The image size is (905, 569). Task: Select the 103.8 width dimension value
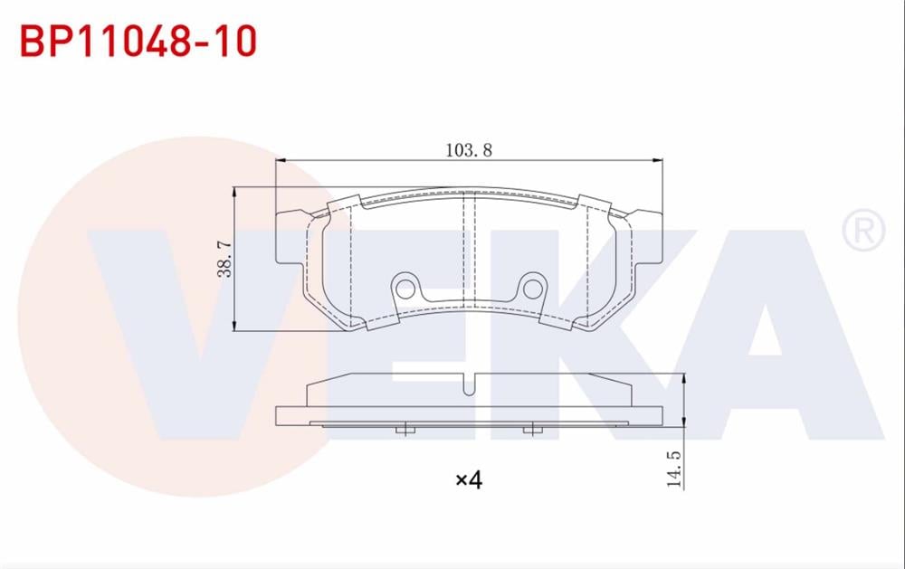coord(468,150)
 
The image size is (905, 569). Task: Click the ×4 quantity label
coord(468,479)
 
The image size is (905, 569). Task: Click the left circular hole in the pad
coord(405,288)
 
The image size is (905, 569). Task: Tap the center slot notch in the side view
coord(468,384)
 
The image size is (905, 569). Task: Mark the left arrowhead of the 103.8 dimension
coord(280,161)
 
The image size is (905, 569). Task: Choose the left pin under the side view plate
coord(405,430)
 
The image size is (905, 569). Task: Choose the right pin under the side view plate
coord(532,430)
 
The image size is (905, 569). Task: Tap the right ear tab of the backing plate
coord(648,237)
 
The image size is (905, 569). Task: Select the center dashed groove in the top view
coord(469,249)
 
